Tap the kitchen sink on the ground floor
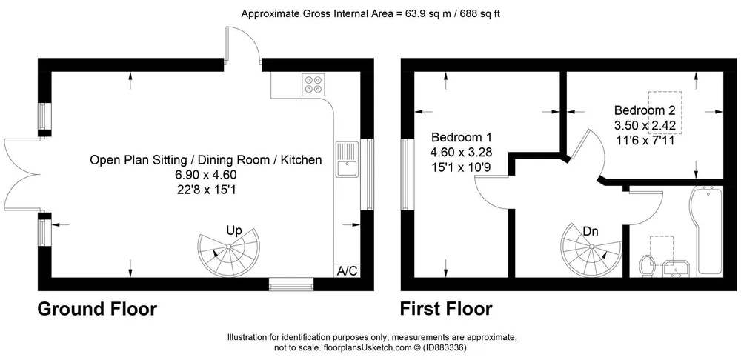(x=348, y=159)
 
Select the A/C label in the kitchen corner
(x=348, y=270)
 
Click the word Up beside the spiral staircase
(x=234, y=231)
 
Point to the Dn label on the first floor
(x=591, y=232)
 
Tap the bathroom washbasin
(x=676, y=268)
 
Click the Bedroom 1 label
(x=462, y=138)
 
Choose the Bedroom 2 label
(x=645, y=110)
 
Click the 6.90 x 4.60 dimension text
(x=205, y=174)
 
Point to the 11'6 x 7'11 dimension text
(x=645, y=140)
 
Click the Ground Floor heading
(x=97, y=309)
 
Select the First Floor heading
(x=446, y=309)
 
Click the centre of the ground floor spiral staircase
(x=228, y=247)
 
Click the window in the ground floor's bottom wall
(x=291, y=284)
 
